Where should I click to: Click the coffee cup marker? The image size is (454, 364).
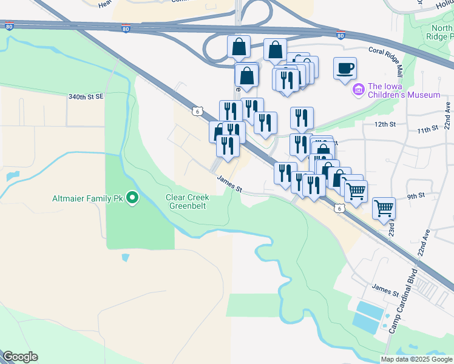(x=345, y=69)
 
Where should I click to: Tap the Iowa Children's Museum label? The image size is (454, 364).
(x=403, y=90)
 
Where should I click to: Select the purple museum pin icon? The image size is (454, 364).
(x=358, y=90)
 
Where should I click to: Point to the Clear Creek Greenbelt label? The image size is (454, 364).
(x=187, y=201)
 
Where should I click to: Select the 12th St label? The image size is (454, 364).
(x=385, y=124)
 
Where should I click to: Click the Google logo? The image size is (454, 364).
(x=20, y=357)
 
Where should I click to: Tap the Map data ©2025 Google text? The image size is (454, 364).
(x=416, y=359)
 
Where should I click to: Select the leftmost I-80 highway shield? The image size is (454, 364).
(x=8, y=26)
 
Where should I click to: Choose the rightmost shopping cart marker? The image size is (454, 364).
(x=384, y=209)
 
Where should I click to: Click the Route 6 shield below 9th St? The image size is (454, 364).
(x=339, y=208)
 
